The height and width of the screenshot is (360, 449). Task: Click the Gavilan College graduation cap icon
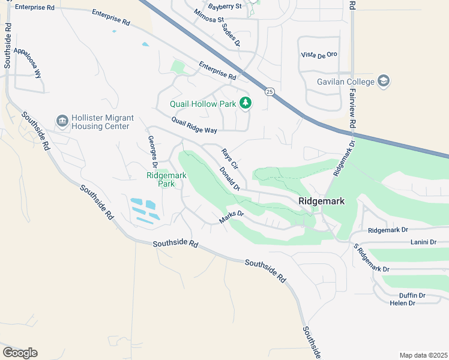pos(384,81)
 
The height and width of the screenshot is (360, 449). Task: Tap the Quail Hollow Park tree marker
pos(245,103)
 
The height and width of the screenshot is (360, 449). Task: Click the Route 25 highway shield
pos(270,92)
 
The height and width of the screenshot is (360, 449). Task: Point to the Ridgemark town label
pos(322,202)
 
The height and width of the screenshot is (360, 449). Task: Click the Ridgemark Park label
pos(161,179)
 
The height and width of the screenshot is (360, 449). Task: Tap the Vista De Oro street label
pos(319,55)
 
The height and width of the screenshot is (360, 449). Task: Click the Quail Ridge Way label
pos(193,125)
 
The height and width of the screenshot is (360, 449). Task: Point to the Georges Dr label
pos(152,152)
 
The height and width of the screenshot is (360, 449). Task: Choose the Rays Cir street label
pos(230,158)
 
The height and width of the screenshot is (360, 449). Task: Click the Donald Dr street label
pos(229,179)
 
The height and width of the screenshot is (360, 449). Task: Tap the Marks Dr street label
pos(232,217)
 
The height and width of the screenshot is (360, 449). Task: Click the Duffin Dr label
pos(412,295)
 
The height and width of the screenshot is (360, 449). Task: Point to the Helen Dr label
pos(403,303)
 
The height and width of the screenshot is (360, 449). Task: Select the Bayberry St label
pos(224,7)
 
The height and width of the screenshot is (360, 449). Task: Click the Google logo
pos(20,352)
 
